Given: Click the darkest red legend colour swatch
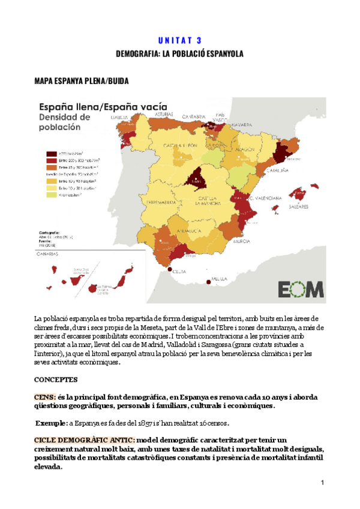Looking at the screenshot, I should pyautogui.click(x=43, y=154).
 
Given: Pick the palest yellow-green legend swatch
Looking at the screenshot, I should pyautogui.click(x=43, y=195).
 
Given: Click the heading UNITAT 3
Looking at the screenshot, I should pyautogui.click(x=179, y=41).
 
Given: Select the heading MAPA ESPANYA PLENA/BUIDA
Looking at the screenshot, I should pyautogui.click(x=81, y=80).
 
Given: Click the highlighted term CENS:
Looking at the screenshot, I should pyautogui.click(x=46, y=397).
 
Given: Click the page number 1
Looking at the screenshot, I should pyautogui.click(x=322, y=483).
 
